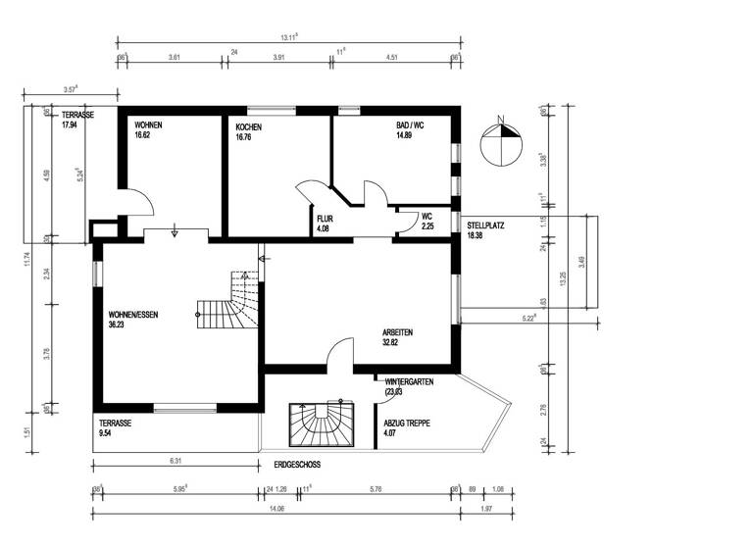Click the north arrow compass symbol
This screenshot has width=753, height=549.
click(x=502, y=143)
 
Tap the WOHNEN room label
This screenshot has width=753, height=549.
click(x=148, y=126)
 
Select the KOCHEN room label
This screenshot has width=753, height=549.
click(x=249, y=126)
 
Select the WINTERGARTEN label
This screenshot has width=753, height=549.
click(x=409, y=380)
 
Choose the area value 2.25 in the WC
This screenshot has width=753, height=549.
click(x=427, y=226)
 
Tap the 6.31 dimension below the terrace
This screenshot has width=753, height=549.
click(x=176, y=459)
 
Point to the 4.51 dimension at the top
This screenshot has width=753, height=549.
click(x=392, y=58)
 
